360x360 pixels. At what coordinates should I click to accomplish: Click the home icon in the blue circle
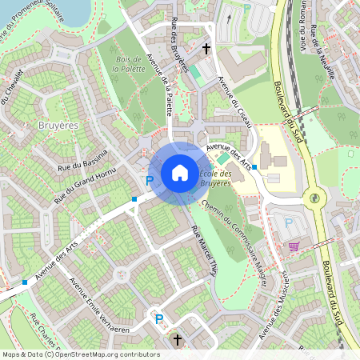180,172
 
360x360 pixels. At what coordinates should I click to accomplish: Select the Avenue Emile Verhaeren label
99,305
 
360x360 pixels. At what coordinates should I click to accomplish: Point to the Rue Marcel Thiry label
205,248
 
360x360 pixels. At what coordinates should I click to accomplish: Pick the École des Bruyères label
214,178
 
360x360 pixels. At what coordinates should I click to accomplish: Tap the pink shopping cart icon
294,246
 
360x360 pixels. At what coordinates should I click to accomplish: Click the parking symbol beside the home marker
149,182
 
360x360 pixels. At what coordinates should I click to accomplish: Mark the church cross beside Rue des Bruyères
206,49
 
